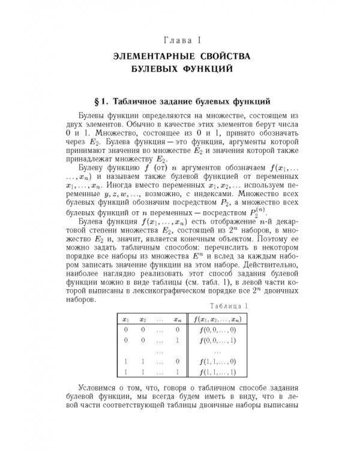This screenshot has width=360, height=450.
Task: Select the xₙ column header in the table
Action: (177, 319)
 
